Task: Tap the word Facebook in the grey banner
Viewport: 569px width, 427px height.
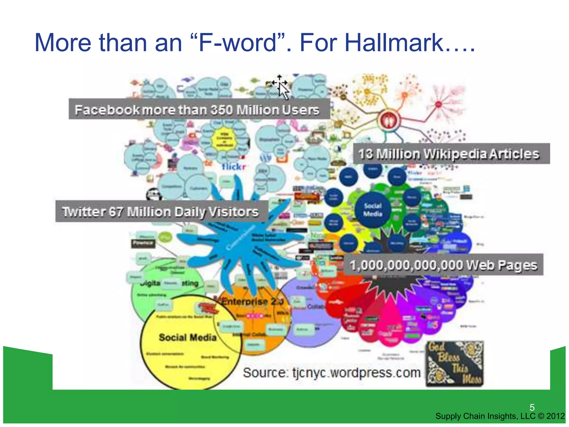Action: [x=107, y=110]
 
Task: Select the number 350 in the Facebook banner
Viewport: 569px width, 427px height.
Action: [x=221, y=110]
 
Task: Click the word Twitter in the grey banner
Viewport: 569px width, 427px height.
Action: [x=83, y=212]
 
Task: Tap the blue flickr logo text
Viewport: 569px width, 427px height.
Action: [x=234, y=167]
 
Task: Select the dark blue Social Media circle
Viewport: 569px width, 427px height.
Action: [x=373, y=210]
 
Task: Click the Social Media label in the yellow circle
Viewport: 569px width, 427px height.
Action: [x=188, y=337]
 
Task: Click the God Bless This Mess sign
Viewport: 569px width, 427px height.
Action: [x=455, y=364]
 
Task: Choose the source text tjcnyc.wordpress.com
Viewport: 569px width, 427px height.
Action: [x=356, y=373]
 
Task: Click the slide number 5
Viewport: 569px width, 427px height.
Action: [x=532, y=408]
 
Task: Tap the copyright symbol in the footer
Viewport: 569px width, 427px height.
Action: [x=541, y=416]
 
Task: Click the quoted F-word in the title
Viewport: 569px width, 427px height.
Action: [x=238, y=43]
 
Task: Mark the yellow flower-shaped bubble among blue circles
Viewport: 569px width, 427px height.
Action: [x=224, y=138]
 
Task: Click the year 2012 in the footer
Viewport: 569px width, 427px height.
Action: [x=555, y=416]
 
